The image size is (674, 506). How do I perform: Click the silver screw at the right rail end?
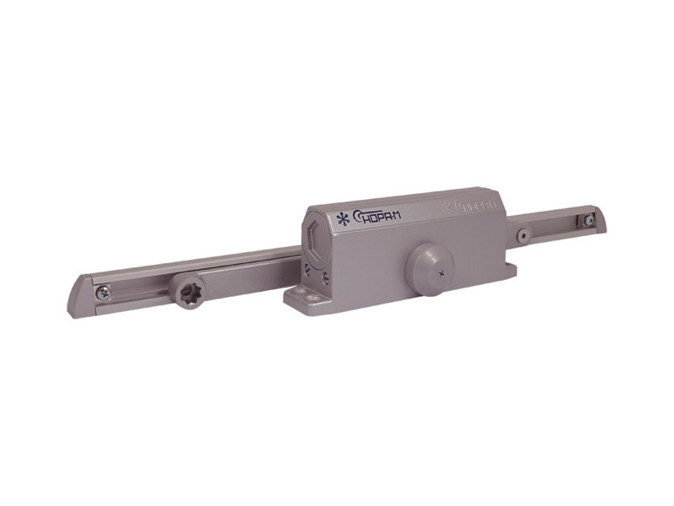point(589,220)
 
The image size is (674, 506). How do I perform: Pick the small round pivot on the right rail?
point(524,233)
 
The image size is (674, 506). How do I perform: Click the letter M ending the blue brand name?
point(396,216)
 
